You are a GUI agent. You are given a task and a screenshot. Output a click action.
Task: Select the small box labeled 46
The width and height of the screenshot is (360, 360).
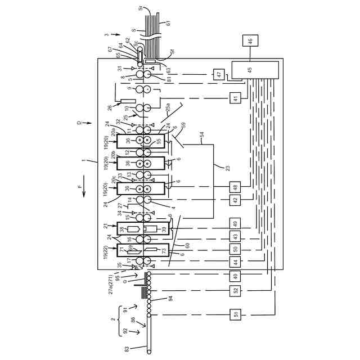click(x=251, y=40)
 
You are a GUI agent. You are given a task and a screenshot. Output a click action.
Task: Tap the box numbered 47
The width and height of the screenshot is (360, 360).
click(x=219, y=74)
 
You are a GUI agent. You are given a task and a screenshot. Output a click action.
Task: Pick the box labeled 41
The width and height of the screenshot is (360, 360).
click(x=235, y=98)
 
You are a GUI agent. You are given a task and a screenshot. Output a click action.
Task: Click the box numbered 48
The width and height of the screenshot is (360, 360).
click(x=235, y=187)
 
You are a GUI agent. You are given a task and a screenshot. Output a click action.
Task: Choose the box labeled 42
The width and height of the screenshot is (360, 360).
click(x=235, y=200)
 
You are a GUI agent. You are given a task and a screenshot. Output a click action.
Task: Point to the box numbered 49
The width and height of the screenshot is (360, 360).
click(x=235, y=223)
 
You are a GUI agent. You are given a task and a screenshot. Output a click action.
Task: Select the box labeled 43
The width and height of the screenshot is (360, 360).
click(x=235, y=236)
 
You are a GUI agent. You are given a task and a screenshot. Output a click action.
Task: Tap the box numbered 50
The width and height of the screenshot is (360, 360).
click(x=235, y=249)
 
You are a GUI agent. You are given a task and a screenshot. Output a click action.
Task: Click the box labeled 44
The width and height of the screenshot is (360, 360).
click(x=235, y=262)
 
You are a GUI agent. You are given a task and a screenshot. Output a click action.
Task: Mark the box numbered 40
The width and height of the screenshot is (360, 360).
click(x=235, y=276)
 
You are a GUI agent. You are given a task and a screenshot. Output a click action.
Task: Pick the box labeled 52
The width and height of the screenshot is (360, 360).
click(x=235, y=290)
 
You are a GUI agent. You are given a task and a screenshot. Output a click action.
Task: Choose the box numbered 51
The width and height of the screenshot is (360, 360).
click(x=235, y=314)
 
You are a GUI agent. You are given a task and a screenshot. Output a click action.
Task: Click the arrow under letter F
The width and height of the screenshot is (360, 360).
click(x=83, y=193)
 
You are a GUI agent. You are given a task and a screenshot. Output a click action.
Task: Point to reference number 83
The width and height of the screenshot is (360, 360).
click(x=127, y=349)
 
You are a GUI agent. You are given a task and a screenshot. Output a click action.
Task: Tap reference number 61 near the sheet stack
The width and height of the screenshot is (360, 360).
click(x=167, y=23)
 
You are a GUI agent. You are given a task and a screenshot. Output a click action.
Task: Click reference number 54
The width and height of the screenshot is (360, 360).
click(x=202, y=136)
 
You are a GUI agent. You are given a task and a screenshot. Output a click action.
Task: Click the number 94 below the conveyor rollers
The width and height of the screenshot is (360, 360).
click(x=170, y=298)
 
